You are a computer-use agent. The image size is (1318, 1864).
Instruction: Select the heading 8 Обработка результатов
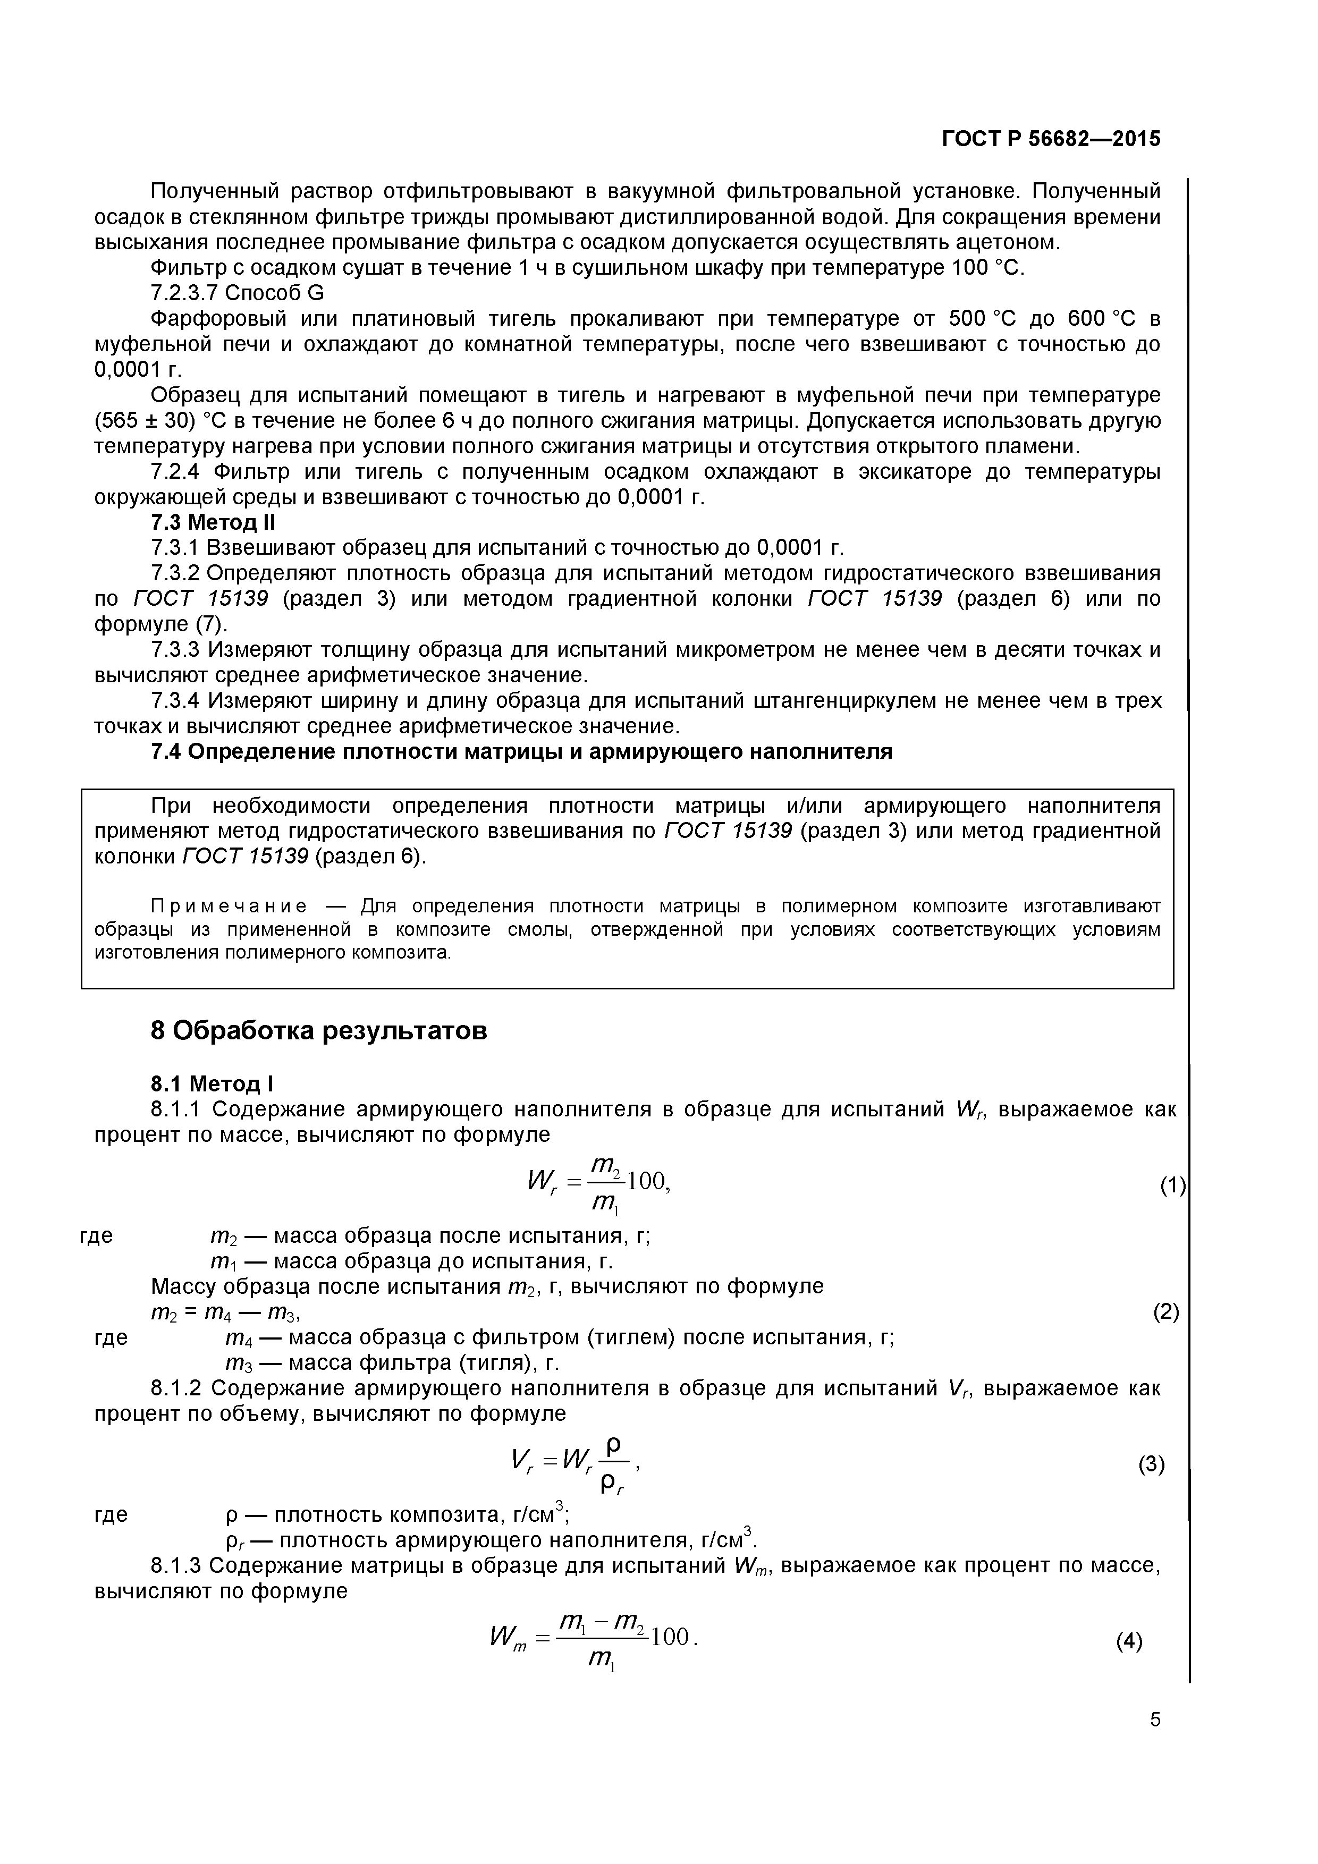pos(319,1030)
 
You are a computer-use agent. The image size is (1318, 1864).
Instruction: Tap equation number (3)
pos(1151,1464)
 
